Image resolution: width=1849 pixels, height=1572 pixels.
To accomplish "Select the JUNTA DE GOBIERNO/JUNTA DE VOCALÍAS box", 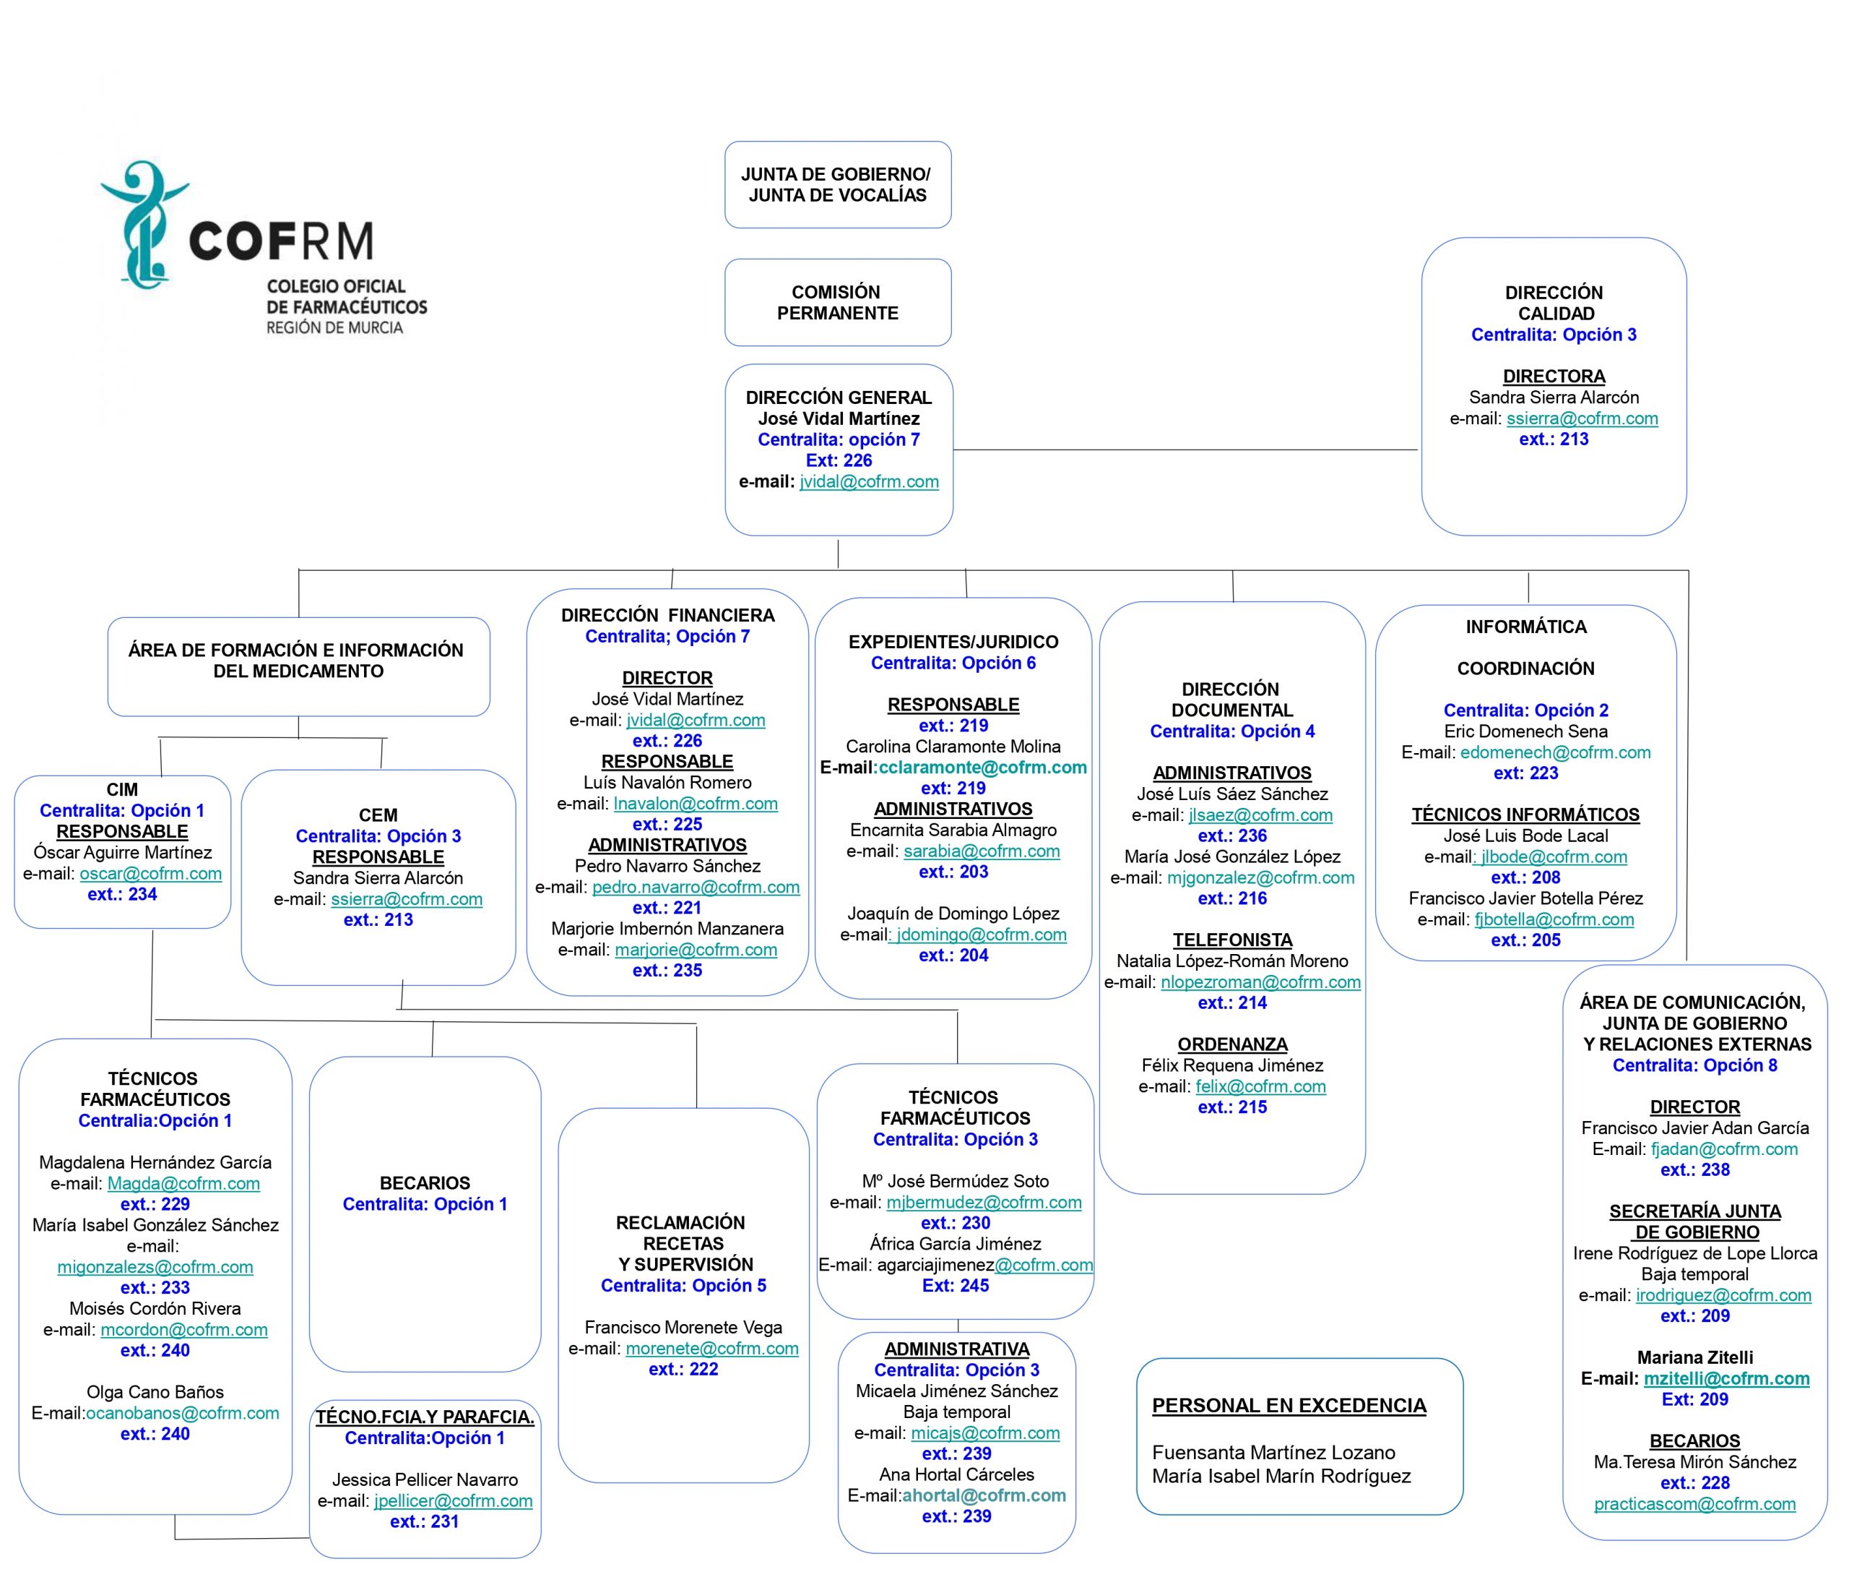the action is (837, 184).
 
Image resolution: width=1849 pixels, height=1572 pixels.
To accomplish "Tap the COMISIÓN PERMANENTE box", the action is (837, 302).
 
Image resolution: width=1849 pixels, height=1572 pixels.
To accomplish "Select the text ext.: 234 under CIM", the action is (122, 895).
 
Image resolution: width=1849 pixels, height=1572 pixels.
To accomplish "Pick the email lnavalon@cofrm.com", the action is (696, 804).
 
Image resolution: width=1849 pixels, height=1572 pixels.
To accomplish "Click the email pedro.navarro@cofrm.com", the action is (696, 888).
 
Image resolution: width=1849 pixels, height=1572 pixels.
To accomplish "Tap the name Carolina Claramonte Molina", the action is (953, 747).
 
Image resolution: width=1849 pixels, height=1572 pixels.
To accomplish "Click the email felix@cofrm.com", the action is (1260, 1086).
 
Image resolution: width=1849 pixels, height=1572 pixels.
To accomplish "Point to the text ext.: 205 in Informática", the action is (1525, 940).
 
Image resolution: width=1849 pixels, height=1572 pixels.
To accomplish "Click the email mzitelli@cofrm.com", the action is (1726, 1378).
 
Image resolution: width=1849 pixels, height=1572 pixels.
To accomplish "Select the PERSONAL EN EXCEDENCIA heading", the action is (1289, 1405).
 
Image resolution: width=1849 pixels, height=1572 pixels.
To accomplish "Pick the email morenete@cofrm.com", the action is (711, 1349).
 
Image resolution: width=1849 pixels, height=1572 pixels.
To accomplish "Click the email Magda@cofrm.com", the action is (183, 1183).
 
